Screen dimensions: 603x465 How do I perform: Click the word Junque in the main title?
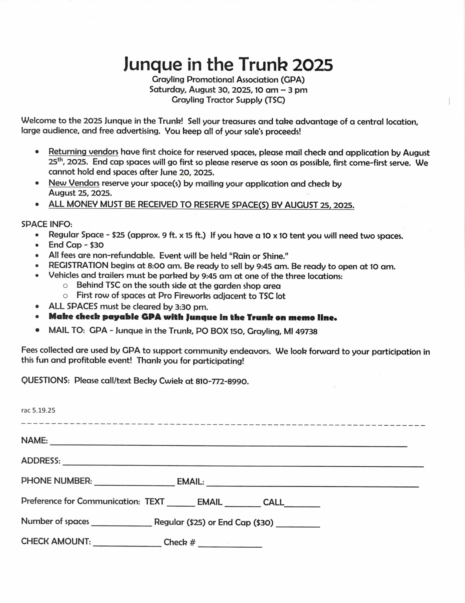click(152, 64)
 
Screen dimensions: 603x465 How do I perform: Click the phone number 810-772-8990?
click(222, 381)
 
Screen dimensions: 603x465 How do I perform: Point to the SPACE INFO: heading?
click(47, 224)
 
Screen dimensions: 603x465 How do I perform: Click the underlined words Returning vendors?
click(83, 152)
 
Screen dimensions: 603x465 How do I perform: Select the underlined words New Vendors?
click(74, 183)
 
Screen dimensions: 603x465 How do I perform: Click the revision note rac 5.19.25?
click(38, 410)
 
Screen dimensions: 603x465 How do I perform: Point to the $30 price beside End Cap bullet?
click(97, 245)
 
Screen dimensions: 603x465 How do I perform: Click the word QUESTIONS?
click(45, 380)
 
